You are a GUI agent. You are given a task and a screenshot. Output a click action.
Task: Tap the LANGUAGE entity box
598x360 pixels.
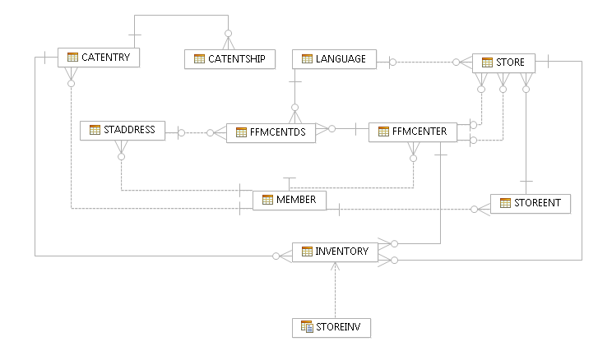coord(335,59)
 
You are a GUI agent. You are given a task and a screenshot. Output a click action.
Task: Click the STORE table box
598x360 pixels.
coord(503,62)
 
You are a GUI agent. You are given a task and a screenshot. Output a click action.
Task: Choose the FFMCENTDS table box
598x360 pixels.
coord(271,132)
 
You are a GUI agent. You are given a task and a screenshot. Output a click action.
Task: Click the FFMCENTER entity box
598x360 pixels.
coord(412,131)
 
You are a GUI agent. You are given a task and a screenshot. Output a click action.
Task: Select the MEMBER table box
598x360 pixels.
coord(290,200)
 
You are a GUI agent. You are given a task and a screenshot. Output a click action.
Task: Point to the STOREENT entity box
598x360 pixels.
coord(531,204)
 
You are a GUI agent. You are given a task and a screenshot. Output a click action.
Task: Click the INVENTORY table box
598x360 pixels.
coord(335,252)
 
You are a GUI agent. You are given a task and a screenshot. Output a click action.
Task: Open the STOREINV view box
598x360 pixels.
coord(331,327)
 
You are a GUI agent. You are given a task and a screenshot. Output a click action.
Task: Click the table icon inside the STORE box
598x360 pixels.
coord(487,62)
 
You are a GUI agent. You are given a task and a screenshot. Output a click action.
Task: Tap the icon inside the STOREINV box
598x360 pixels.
coord(307,327)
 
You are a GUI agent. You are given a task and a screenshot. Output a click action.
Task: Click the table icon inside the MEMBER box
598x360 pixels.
coord(267,200)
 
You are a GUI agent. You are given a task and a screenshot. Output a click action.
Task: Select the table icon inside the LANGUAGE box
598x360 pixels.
coord(307,59)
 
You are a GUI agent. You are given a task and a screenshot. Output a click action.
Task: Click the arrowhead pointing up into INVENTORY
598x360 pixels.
coord(336,266)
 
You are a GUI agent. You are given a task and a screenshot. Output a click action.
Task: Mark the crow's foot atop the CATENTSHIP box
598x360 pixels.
coord(228,41)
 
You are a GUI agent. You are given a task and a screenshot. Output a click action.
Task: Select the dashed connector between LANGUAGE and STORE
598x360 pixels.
coord(424,62)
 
